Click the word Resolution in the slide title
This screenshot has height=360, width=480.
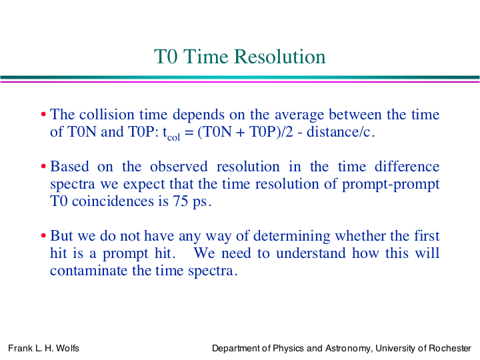279,57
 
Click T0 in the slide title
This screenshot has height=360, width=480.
165,57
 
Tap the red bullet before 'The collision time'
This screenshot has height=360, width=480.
43,115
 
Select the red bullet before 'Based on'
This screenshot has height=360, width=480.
43,167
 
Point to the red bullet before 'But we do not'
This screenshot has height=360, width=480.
43,236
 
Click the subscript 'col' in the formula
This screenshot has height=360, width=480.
173,137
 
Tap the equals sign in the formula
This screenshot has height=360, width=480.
189,133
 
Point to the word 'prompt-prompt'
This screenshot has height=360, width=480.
391,185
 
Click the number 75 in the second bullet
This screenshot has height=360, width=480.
180,201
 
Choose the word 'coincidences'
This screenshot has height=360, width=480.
113,201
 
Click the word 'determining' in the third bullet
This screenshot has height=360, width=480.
292,237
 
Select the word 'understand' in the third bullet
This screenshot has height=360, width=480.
311,253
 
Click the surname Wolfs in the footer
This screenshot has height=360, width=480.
67,349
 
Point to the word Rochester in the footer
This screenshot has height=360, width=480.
450,349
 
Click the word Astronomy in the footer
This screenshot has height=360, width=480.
349,349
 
